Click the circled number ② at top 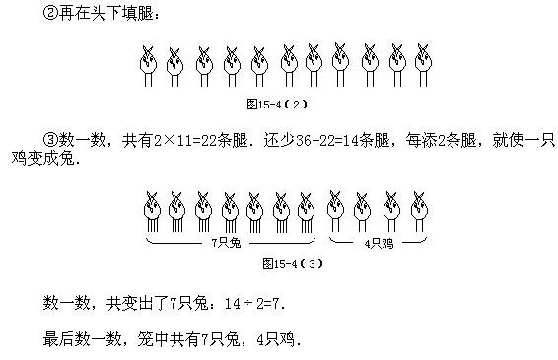click(54, 14)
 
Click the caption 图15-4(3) click(293, 263)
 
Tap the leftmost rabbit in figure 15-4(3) click(153, 209)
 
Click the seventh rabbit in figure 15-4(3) click(306, 209)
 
